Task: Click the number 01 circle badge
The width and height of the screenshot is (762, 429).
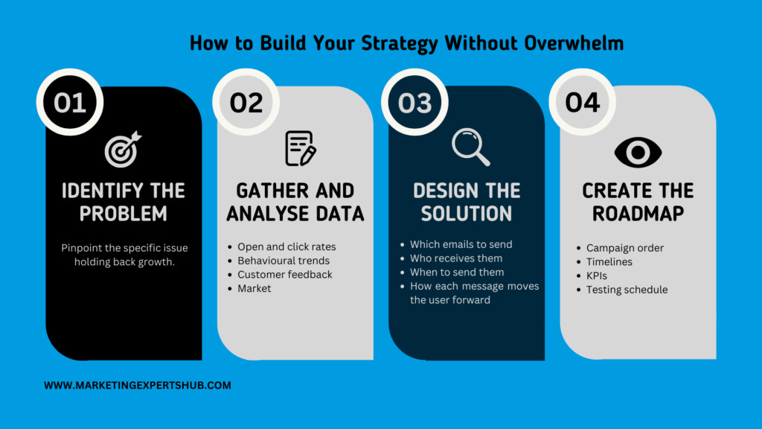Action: click(70, 102)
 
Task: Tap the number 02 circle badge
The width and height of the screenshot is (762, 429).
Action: click(246, 102)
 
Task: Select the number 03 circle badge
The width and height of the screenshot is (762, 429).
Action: click(414, 102)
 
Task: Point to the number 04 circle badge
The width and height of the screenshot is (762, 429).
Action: click(582, 102)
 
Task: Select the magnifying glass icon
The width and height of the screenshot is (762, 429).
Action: click(470, 147)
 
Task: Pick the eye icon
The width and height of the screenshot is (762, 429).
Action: click(638, 152)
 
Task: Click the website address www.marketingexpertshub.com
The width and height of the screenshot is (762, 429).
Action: click(138, 386)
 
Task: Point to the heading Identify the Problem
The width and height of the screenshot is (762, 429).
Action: click(124, 202)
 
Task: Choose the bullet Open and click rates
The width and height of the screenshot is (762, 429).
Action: click(286, 247)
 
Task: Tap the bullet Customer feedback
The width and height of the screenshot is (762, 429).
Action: click(285, 274)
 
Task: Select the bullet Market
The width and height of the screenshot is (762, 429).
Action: click(254, 288)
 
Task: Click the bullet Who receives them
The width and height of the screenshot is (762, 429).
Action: click(456, 258)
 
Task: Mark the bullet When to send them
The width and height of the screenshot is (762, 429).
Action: click(457, 273)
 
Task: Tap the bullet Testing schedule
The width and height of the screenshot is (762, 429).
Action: click(627, 290)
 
